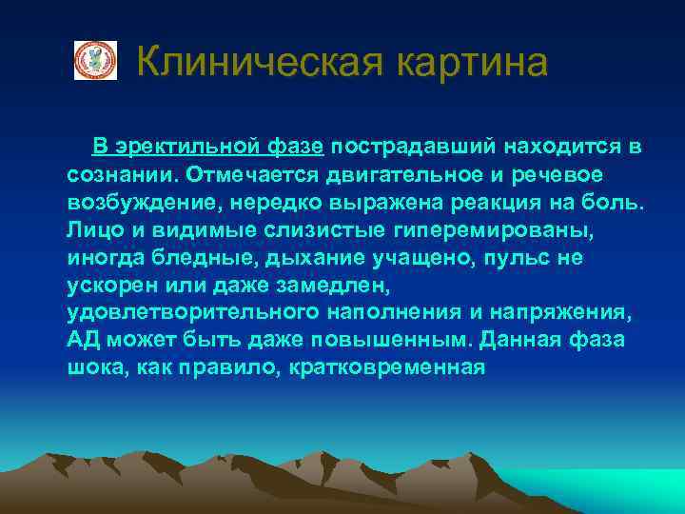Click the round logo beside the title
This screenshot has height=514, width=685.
[x=96, y=61]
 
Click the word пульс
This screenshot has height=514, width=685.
[x=521, y=258]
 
